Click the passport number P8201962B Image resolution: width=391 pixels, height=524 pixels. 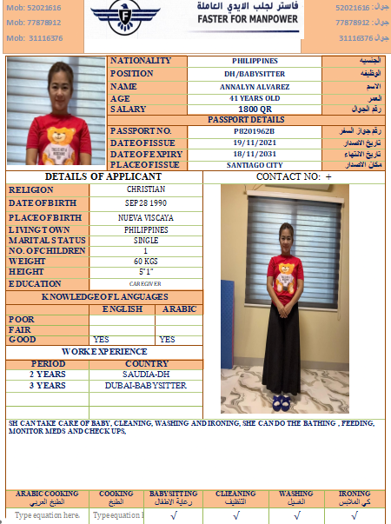pos(255,130)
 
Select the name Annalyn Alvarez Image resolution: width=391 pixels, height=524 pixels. pos(255,86)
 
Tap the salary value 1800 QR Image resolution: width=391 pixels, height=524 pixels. pos(255,109)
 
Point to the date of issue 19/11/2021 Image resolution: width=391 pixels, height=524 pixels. pos(255,142)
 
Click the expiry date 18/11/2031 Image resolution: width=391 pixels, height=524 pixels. pos(255,153)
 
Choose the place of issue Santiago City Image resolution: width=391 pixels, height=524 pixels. pos(255,164)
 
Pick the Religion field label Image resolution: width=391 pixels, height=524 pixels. pos(30,189)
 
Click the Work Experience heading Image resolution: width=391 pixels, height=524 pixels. pos(103,351)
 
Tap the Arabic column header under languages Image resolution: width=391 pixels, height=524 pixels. pos(179,308)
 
